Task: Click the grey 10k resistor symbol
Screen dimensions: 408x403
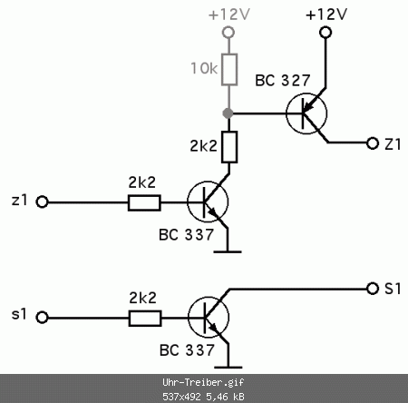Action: [x=229, y=70]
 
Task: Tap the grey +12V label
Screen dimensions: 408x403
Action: [x=229, y=15]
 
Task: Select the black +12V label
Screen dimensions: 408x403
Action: [x=326, y=15]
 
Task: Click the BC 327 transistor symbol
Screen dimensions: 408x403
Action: [x=306, y=113]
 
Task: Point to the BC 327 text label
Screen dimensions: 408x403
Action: [x=283, y=81]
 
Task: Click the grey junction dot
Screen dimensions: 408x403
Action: [x=228, y=113]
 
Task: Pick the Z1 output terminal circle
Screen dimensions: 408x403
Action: [x=373, y=143]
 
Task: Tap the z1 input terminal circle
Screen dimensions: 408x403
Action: [x=42, y=201]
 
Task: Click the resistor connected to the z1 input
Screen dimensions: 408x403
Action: [x=144, y=202]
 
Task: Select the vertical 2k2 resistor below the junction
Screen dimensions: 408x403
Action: [x=229, y=147]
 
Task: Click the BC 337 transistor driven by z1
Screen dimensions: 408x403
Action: [x=208, y=201]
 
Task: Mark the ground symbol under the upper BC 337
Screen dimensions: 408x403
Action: [x=228, y=251]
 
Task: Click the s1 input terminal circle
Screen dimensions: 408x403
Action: [x=42, y=318]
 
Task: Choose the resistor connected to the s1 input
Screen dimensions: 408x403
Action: [x=145, y=319]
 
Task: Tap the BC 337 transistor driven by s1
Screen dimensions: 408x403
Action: [x=209, y=317]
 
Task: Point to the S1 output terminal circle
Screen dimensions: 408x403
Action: [x=373, y=289]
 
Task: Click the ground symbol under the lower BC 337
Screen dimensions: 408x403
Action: [x=228, y=368]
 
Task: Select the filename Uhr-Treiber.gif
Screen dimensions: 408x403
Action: [x=203, y=383]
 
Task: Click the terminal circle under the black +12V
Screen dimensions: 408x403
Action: [x=325, y=32]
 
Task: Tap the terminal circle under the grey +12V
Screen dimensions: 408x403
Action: [x=228, y=32]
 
